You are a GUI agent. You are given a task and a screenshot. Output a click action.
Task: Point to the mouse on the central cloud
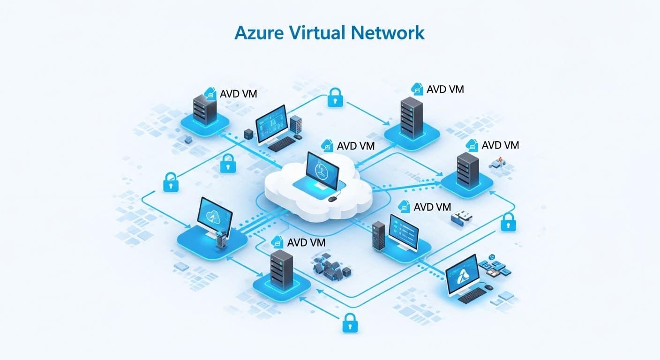pyautogui.click(x=332, y=199)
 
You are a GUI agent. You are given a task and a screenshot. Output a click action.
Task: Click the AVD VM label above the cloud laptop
pyautogui.click(x=355, y=146)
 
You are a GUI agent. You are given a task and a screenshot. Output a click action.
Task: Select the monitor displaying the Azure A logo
pyautogui.click(x=462, y=276)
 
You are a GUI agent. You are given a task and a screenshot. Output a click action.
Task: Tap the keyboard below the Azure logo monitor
pyautogui.click(x=472, y=295)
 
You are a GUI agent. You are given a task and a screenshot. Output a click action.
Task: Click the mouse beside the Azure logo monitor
pyautogui.click(x=488, y=287)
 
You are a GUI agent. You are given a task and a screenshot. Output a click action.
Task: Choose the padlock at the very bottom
pyautogui.click(x=350, y=323)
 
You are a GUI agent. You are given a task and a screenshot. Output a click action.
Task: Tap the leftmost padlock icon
pyautogui.click(x=170, y=181)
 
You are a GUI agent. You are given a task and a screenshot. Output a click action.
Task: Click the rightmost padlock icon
pyautogui.click(x=508, y=222)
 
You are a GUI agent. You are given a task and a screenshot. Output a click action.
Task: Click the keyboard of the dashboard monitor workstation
pyautogui.click(x=282, y=144)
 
